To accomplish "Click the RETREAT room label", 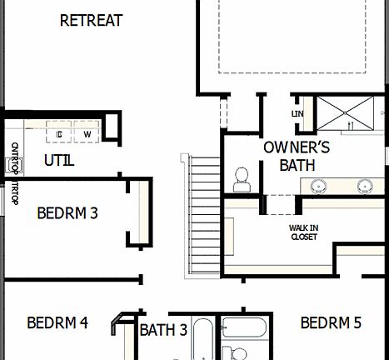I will tap(92, 20).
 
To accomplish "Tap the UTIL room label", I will tap(59, 160).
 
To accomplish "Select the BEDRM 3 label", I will tap(67, 212).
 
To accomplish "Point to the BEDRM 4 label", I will tap(57, 322).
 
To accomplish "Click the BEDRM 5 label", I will tap(331, 322).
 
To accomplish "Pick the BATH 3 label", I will tap(162, 330).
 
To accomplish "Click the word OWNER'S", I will tap(297, 147).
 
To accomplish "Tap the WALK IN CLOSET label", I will tap(303, 232).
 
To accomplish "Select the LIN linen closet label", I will tap(297, 113).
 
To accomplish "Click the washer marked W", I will tap(87, 133).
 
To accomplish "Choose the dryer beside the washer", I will tap(59, 133).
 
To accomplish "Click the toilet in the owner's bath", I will tap(242, 177).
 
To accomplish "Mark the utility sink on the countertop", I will tap(15, 163).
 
